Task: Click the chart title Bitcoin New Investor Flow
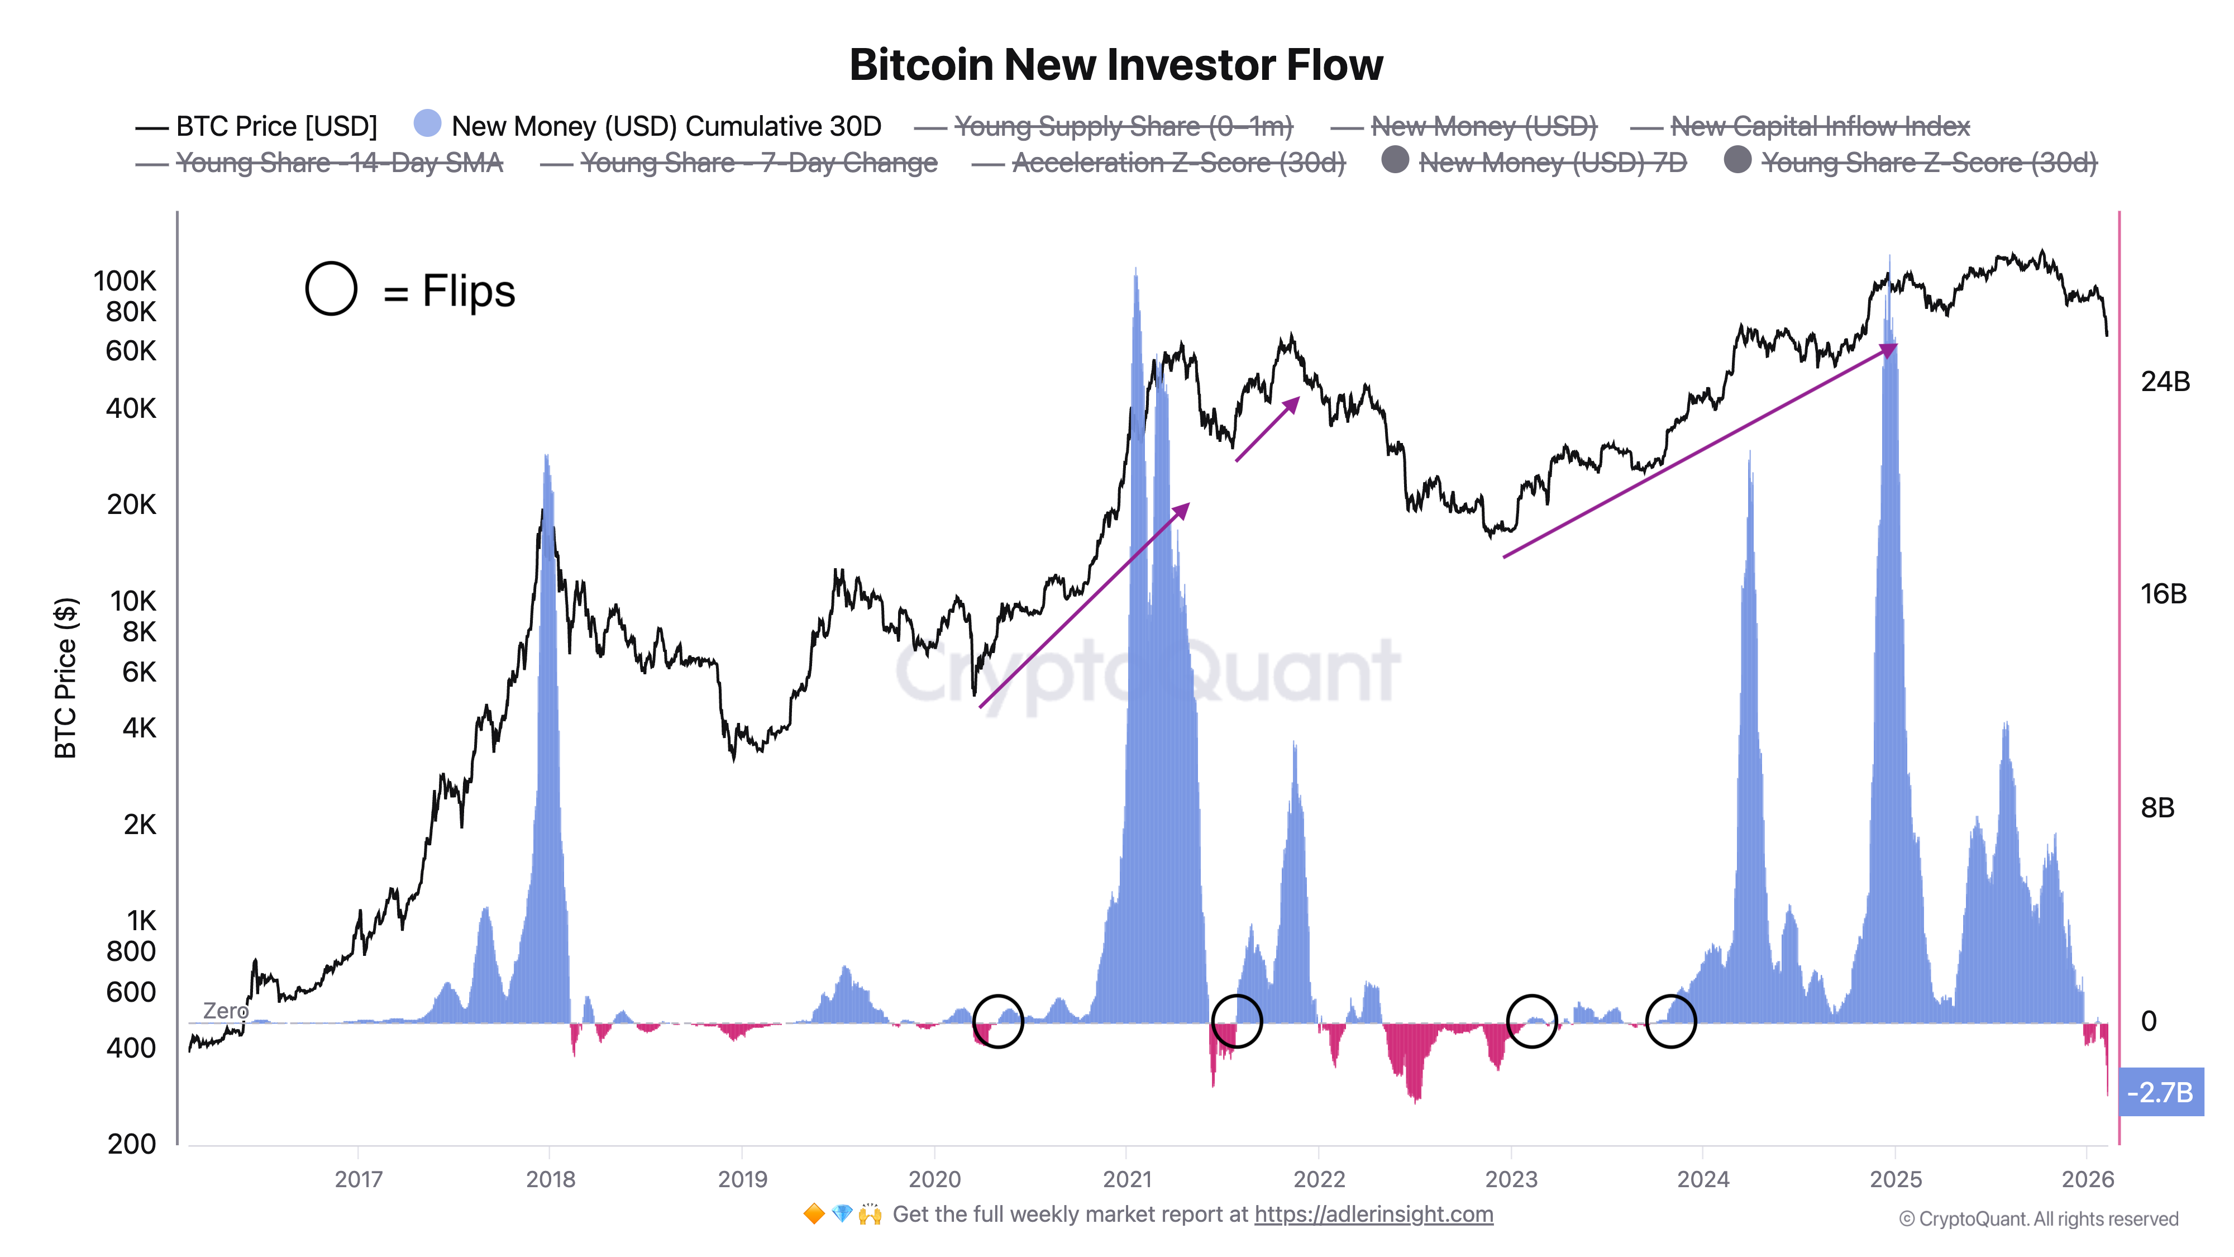pyautogui.click(x=1116, y=65)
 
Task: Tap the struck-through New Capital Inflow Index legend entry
pyautogui.click(x=1820, y=127)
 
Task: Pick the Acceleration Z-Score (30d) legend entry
pyautogui.click(x=1178, y=163)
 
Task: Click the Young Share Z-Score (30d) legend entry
pyautogui.click(x=1928, y=163)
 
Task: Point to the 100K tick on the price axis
pyautogui.click(x=125, y=281)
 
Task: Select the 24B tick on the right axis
pyautogui.click(x=2165, y=382)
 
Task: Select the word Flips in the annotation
pyautogui.click(x=469, y=292)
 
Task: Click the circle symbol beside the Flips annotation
pyautogui.click(x=331, y=288)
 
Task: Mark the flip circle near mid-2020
pyautogui.click(x=998, y=1021)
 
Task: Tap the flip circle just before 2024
pyautogui.click(x=1670, y=1021)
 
